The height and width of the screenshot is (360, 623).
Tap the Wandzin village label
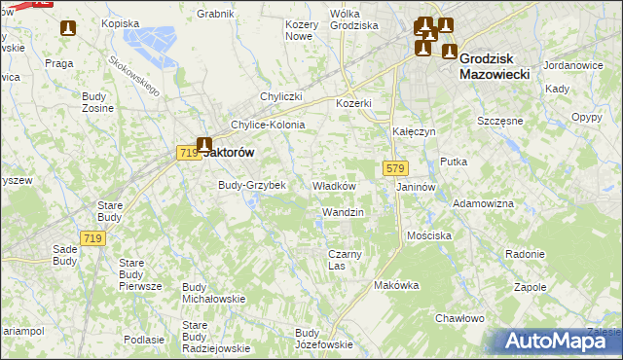coord(342,212)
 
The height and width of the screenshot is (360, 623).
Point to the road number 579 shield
coord(394,168)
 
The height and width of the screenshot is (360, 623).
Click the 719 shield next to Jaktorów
coord(189,152)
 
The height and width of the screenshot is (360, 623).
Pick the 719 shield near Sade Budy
coord(93,239)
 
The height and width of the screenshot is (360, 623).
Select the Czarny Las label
coord(344,260)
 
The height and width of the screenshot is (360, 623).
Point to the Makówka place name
coord(395,286)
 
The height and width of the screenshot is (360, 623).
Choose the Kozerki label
coord(354,103)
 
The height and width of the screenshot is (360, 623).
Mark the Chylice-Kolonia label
coord(268,125)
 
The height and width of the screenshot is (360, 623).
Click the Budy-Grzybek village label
coord(251,185)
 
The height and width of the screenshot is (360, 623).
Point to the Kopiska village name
coord(120,22)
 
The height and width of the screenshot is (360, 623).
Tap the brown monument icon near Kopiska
coord(67,30)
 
